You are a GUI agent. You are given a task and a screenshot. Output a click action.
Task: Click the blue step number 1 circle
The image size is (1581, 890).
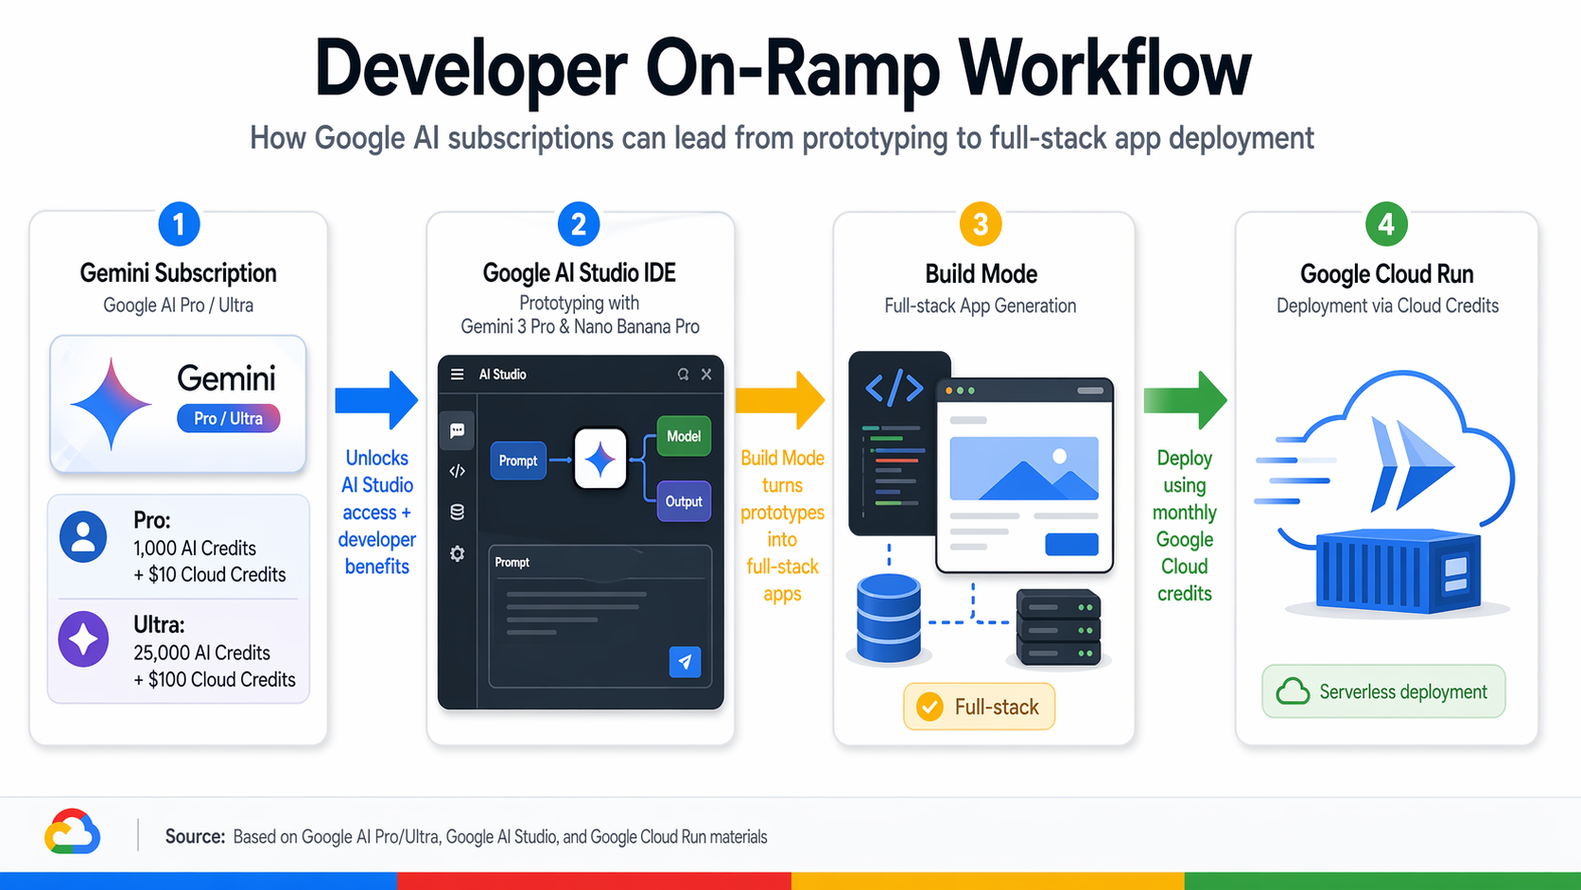coord(179,225)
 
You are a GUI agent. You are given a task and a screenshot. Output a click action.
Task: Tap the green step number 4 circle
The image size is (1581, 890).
coord(1386,224)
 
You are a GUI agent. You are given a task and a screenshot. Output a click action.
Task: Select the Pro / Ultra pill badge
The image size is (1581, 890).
coord(229,418)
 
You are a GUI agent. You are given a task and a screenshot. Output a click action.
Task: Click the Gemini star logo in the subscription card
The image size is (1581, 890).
coord(111,404)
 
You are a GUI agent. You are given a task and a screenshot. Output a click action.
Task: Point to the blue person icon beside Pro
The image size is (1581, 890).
coord(83,536)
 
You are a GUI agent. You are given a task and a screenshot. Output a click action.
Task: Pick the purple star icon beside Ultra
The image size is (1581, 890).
coord(83,639)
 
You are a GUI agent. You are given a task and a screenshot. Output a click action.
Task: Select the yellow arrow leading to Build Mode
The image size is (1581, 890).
coord(780,400)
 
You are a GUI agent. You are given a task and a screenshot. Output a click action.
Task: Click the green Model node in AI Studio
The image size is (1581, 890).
coord(683,436)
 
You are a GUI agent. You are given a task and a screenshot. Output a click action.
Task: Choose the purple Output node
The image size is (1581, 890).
coord(683,501)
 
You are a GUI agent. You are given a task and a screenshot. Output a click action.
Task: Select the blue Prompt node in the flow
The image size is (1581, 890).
coord(517,461)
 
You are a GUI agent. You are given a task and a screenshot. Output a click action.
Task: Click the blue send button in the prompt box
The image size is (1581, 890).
coord(685,661)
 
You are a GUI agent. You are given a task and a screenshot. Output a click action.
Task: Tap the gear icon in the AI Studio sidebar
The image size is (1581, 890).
coord(458,553)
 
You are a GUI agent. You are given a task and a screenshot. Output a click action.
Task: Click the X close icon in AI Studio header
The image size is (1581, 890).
coord(706,375)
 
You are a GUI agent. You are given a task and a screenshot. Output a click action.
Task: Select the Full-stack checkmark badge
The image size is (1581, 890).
coord(979,707)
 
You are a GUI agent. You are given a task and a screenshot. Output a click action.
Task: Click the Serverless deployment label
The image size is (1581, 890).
coord(1383,691)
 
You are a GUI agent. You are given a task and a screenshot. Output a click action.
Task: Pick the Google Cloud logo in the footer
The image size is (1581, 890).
coord(72,832)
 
